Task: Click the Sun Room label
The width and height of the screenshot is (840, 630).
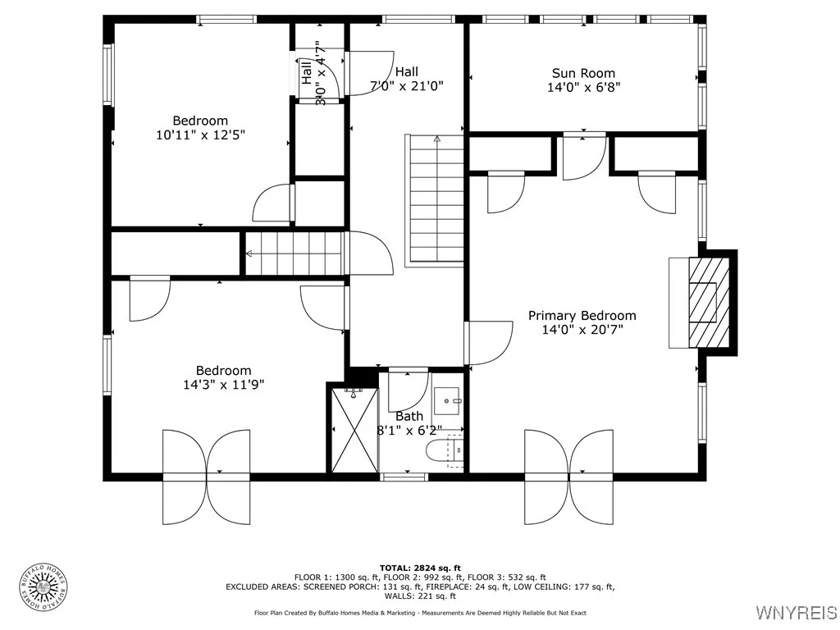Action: tap(583, 73)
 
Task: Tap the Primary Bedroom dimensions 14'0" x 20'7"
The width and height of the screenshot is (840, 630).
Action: tap(582, 330)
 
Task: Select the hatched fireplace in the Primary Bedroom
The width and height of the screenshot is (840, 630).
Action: tap(709, 303)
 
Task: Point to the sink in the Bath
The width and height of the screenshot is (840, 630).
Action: tap(447, 400)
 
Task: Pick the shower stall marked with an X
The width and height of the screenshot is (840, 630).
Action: tap(354, 430)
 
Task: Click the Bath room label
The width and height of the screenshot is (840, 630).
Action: tap(409, 416)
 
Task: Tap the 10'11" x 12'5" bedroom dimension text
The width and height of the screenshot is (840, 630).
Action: tap(200, 135)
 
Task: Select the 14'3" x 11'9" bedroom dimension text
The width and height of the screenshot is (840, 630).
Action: tap(223, 385)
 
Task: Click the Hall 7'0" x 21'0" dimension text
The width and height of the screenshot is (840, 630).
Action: tap(407, 85)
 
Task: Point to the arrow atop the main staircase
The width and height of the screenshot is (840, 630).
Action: tap(436, 139)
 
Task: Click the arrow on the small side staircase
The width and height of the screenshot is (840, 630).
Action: tap(249, 253)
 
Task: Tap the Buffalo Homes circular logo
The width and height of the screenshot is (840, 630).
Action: tap(43, 587)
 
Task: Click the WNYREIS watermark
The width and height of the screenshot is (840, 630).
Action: tap(796, 612)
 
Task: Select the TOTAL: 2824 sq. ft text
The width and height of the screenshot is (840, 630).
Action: tap(420, 568)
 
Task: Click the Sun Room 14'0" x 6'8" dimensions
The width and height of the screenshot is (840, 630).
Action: tap(583, 87)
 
